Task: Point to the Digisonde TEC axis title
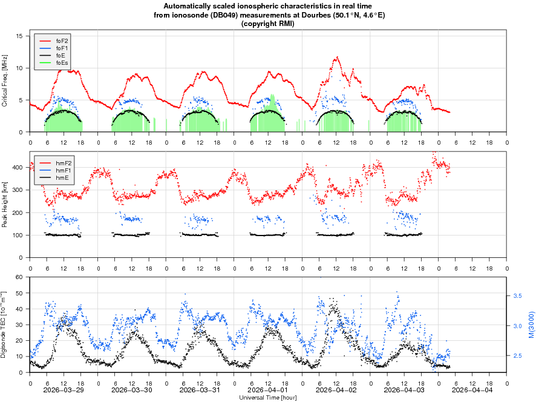tap(5, 325)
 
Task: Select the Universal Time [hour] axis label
tap(268, 397)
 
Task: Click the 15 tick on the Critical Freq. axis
tap(19, 36)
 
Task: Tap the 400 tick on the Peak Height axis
tap(17, 167)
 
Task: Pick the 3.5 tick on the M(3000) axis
tap(517, 296)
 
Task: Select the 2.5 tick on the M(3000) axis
tap(517, 356)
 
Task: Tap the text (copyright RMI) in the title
tap(268, 24)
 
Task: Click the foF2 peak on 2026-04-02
tap(336, 58)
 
